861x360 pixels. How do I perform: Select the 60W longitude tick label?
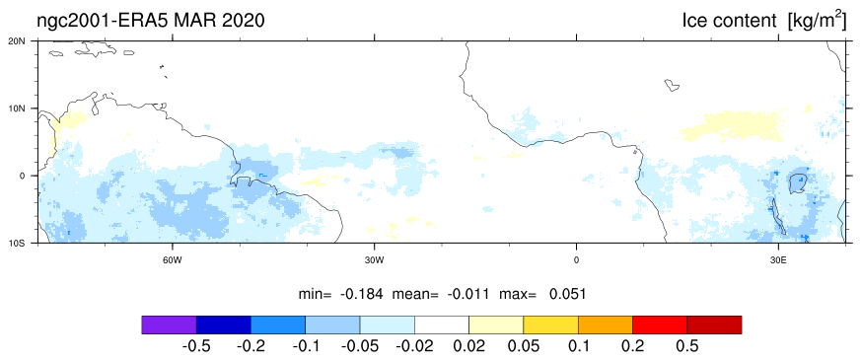[x=173, y=258]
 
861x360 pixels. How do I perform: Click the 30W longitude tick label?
[x=375, y=258]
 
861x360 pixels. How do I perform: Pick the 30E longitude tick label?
[x=777, y=258]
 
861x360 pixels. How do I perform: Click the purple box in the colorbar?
[x=169, y=324]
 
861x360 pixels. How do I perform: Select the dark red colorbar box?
[x=714, y=324]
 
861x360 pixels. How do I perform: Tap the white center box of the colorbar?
[x=442, y=324]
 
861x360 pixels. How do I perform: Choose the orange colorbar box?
[x=606, y=324]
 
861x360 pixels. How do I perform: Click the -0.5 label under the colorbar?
[x=196, y=346]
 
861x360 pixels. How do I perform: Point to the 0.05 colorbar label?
[x=524, y=346]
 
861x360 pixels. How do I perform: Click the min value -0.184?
[x=360, y=294]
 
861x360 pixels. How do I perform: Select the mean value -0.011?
[x=468, y=294]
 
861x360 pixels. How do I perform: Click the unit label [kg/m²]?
[x=817, y=21]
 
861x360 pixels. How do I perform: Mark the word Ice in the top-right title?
[x=694, y=21]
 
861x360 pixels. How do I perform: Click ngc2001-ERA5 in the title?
[x=105, y=21]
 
